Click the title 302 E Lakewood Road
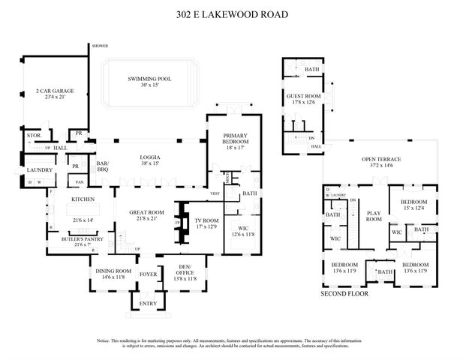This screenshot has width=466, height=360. [x=233, y=14]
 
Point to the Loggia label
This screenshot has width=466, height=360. [x=149, y=157]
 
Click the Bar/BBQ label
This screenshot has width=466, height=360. [x=104, y=166]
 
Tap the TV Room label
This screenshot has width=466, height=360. [x=206, y=220]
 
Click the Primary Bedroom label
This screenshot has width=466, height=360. [x=235, y=139]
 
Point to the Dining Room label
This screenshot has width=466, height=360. [x=113, y=271]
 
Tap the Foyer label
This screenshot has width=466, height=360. [x=148, y=275]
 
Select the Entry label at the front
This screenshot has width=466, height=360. [x=148, y=303]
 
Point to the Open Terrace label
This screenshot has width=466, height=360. [x=381, y=160]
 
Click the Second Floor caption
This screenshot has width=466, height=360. [x=346, y=294]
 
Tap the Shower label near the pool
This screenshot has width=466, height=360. [x=101, y=46]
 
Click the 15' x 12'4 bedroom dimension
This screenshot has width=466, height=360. [x=413, y=208]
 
